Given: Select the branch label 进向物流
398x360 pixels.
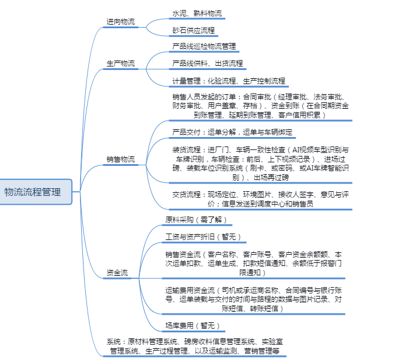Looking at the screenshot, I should point(121,22).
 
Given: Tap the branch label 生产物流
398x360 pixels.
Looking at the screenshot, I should point(121,63).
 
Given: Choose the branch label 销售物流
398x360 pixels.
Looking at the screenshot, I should point(121,159).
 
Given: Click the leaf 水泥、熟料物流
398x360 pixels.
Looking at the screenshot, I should point(197,13).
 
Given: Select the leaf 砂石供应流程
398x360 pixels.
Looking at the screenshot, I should point(193,30).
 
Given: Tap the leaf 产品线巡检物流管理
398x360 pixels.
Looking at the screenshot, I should point(204,46).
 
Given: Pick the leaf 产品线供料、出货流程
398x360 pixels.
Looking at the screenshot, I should point(208,63).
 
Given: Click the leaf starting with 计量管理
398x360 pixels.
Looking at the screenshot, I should point(229,81).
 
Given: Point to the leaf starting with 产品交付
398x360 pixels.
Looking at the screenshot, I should point(232,132).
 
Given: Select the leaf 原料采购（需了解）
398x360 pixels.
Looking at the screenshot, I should point(196,220).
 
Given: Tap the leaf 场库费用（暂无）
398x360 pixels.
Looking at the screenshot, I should point(193,325).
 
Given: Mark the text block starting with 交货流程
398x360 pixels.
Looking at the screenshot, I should point(259,199).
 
